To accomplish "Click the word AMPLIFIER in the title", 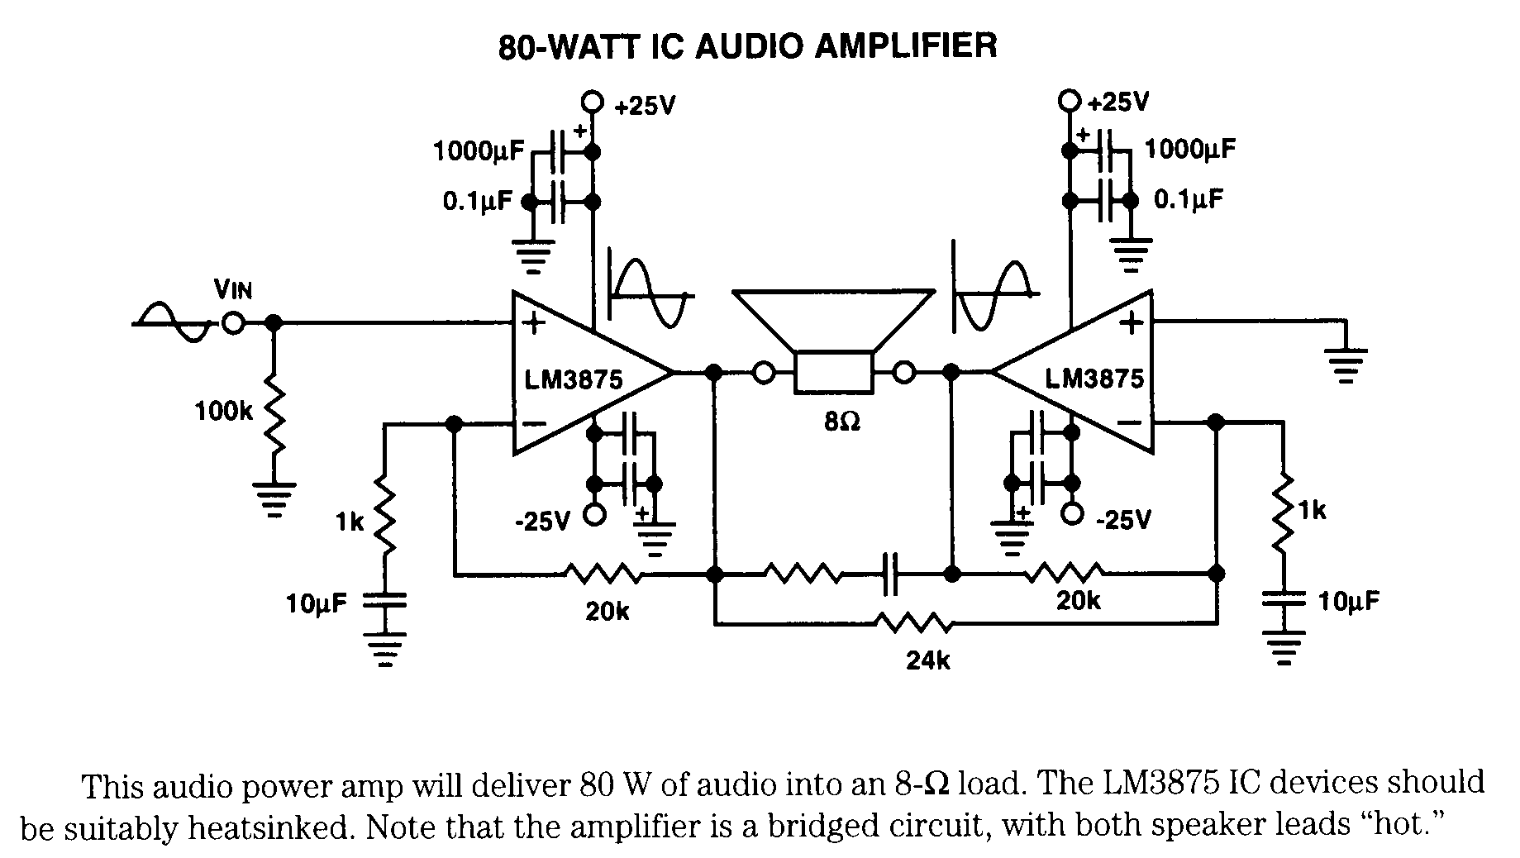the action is [906, 45].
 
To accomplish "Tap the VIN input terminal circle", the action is [234, 323].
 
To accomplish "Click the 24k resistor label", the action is [928, 660].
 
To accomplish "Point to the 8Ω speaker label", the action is [842, 422].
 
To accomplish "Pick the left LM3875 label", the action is [574, 379].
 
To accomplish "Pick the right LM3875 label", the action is [1094, 379].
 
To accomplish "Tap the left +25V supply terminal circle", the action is [592, 102].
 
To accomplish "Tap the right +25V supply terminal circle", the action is [1070, 102].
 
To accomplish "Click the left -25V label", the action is [542, 522].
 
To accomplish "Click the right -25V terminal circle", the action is [1072, 514].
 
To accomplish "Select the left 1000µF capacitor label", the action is [479, 152].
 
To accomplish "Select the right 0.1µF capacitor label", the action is [1189, 199].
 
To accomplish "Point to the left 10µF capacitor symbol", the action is [385, 599].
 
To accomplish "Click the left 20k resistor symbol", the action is [603, 572].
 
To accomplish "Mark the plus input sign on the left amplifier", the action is [535, 322].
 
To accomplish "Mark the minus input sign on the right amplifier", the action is [1130, 422].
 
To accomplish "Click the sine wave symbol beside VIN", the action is [174, 323].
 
